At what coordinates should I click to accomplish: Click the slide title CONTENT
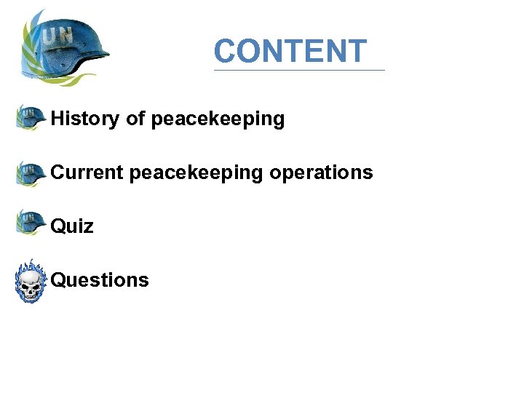tap(290, 51)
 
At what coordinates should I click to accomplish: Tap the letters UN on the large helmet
tap(59, 33)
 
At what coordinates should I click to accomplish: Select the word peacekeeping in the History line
tap(218, 119)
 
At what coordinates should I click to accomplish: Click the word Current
tap(87, 172)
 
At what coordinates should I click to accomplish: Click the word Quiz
tap(72, 226)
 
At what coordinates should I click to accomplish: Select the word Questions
tap(100, 280)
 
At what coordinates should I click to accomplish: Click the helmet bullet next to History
tap(31, 117)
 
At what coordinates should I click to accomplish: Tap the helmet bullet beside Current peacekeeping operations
tap(31, 172)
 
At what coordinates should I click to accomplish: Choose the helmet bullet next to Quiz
tap(31, 222)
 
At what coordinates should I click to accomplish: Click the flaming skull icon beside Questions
tap(31, 282)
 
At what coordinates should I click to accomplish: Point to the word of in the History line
tap(136, 118)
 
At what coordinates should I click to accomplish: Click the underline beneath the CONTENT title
tap(299, 71)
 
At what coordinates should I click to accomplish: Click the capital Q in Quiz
tap(57, 226)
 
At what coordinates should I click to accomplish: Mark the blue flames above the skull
tap(31, 265)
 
